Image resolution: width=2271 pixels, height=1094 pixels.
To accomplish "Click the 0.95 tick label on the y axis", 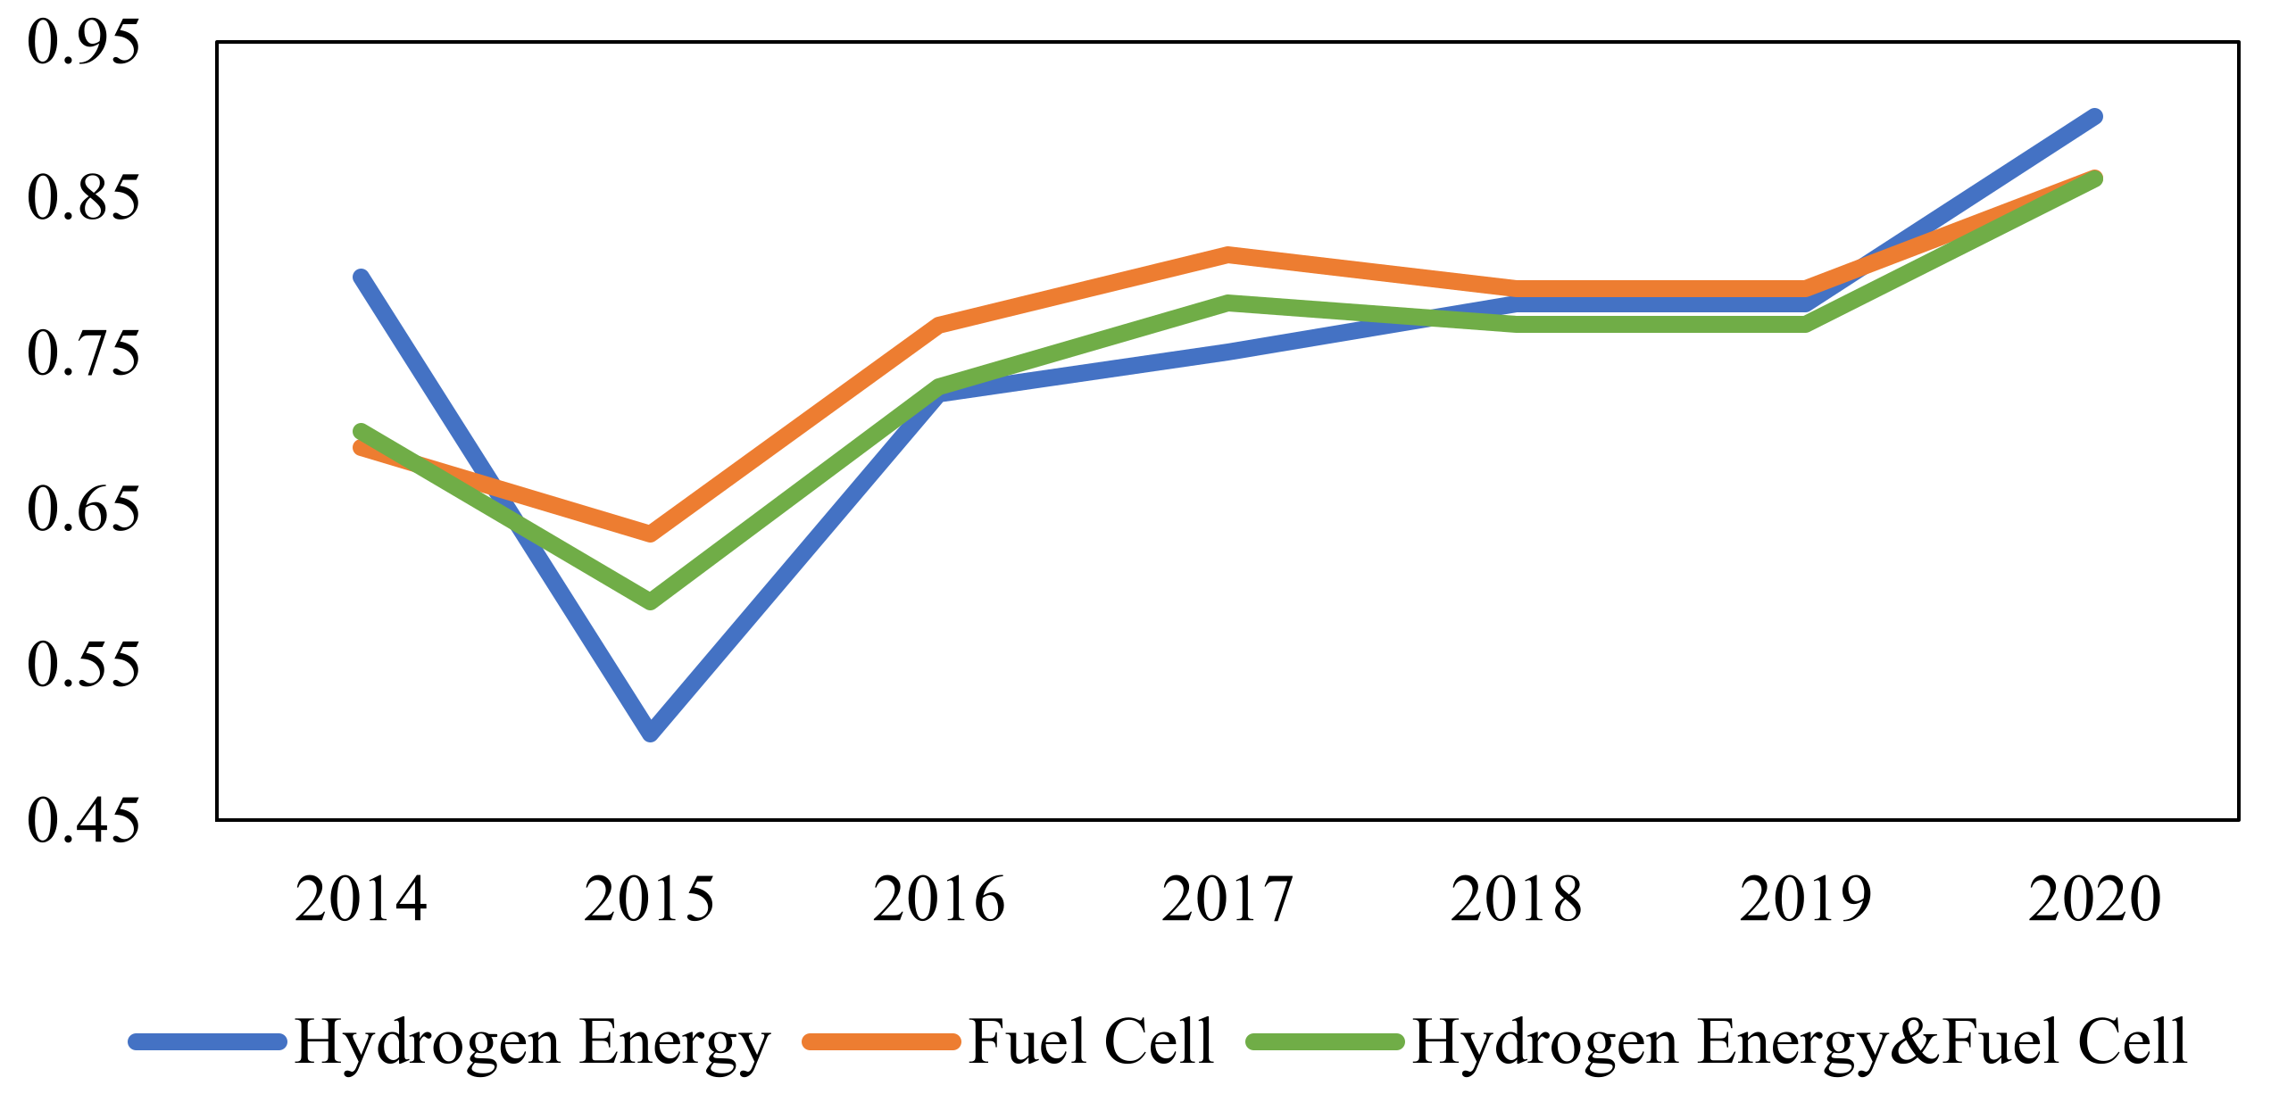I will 83,42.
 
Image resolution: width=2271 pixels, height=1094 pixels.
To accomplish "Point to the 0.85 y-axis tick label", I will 83,197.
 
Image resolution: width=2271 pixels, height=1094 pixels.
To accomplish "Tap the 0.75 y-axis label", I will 83,353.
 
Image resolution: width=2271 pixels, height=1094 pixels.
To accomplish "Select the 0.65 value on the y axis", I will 83,509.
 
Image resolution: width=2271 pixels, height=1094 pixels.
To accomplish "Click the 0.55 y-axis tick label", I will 83,665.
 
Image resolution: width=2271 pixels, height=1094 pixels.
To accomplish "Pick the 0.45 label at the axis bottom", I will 83,821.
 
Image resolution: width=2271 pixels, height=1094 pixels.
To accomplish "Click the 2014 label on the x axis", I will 361,899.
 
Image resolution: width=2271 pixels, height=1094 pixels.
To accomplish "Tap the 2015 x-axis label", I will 649,899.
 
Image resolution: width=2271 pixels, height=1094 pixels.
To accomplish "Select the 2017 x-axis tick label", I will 1227,899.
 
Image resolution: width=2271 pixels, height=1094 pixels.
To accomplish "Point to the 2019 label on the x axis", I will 1805,899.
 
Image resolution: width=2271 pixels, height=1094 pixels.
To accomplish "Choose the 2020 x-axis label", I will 2094,899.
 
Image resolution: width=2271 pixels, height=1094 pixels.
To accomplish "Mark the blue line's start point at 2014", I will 361,278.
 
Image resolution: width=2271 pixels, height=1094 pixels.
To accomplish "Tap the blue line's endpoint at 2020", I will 2094,117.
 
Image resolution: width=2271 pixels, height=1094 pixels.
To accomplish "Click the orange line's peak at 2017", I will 1228,254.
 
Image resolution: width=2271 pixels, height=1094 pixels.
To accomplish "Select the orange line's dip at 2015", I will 651,534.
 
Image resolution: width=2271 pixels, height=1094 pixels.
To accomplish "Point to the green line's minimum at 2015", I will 651,601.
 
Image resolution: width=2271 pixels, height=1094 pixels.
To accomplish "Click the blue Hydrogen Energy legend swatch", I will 207,1041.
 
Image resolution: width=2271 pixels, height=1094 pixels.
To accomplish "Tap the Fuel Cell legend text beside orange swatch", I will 1091,1041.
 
